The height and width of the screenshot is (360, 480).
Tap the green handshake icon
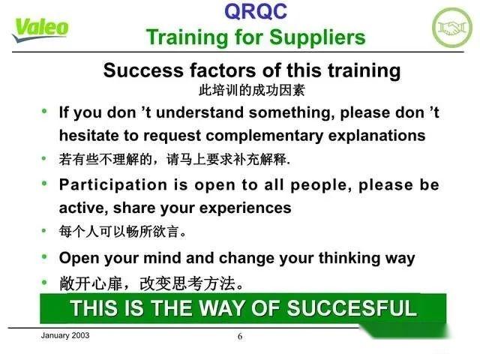pyautogui.click(x=452, y=27)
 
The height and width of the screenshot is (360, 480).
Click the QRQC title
pyautogui.click(x=256, y=10)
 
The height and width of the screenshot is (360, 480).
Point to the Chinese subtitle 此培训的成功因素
pyautogui.click(x=252, y=90)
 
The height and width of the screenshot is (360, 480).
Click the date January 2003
pyautogui.click(x=64, y=335)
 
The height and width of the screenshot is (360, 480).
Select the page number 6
pyautogui.click(x=240, y=337)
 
